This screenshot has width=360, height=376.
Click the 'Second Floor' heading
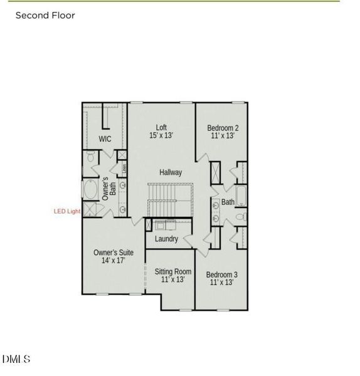click(45, 15)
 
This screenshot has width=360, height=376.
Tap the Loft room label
click(161, 127)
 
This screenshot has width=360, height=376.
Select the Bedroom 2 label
click(223, 128)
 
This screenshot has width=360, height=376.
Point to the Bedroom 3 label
click(221, 274)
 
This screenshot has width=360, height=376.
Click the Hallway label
click(171, 172)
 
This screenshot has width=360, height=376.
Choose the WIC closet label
click(105, 139)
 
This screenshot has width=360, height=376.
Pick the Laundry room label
click(166, 239)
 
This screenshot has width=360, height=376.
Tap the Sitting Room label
click(173, 271)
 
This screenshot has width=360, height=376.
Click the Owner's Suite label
click(114, 253)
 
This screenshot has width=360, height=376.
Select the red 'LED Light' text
click(66, 212)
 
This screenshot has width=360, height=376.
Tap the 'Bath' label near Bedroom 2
click(228, 202)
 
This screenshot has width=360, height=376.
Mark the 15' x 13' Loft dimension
click(161, 135)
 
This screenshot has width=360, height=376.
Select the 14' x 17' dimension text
click(114, 260)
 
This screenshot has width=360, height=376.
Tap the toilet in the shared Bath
click(241, 217)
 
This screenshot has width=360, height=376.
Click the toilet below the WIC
click(90, 157)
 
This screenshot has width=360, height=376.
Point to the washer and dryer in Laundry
click(165, 225)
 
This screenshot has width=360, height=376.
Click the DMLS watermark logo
click(16, 359)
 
